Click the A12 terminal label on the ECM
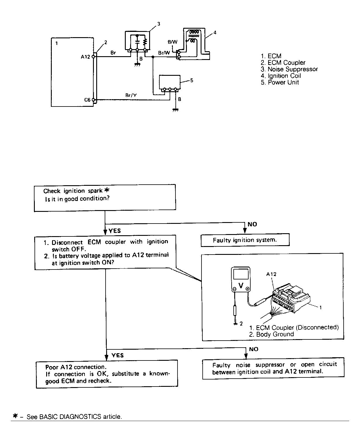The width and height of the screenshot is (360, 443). point(85,57)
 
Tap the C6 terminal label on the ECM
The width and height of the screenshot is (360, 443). point(87,100)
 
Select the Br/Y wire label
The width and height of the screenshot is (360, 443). point(131,95)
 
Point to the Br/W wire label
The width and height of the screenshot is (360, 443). point(164,53)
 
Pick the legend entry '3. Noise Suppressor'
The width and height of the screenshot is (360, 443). point(289,69)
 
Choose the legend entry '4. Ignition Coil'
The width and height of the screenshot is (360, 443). point(281,76)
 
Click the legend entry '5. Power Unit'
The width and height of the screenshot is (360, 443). point(280,82)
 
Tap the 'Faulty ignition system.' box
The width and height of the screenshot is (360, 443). point(245,240)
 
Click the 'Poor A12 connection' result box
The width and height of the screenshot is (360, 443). point(107,374)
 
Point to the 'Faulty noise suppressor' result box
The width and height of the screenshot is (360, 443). point(273,368)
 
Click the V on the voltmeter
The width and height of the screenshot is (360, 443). point(241,285)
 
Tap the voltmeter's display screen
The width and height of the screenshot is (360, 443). point(241,274)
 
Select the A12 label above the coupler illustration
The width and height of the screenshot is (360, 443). point(271,274)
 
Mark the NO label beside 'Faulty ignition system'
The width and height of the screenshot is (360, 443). point(252,224)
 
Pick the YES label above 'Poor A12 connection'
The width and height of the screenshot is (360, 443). point(118,355)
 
